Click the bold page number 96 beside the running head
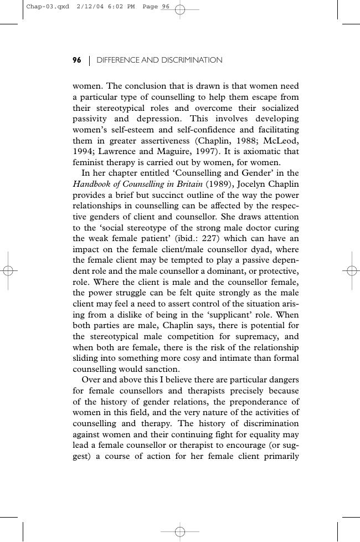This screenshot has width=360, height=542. point(77,60)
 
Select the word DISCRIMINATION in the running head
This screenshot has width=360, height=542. point(192,60)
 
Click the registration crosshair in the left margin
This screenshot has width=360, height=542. point(8,270)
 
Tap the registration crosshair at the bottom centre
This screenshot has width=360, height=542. point(180,531)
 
